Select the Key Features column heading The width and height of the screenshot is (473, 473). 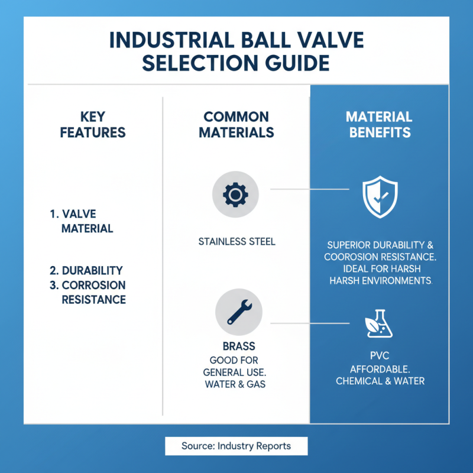pos(93,124)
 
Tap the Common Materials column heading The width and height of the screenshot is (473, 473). pos(237,124)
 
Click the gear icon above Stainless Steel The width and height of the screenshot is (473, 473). pos(235,193)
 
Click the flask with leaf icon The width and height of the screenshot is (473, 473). pos(379,323)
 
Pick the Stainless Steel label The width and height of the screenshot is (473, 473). pos(237,242)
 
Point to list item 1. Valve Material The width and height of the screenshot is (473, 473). pos(82,221)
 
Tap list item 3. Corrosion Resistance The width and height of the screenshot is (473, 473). pos(88,292)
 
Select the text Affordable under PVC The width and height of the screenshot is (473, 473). pos(380,369)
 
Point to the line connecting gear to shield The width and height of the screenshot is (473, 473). pos(307,190)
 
